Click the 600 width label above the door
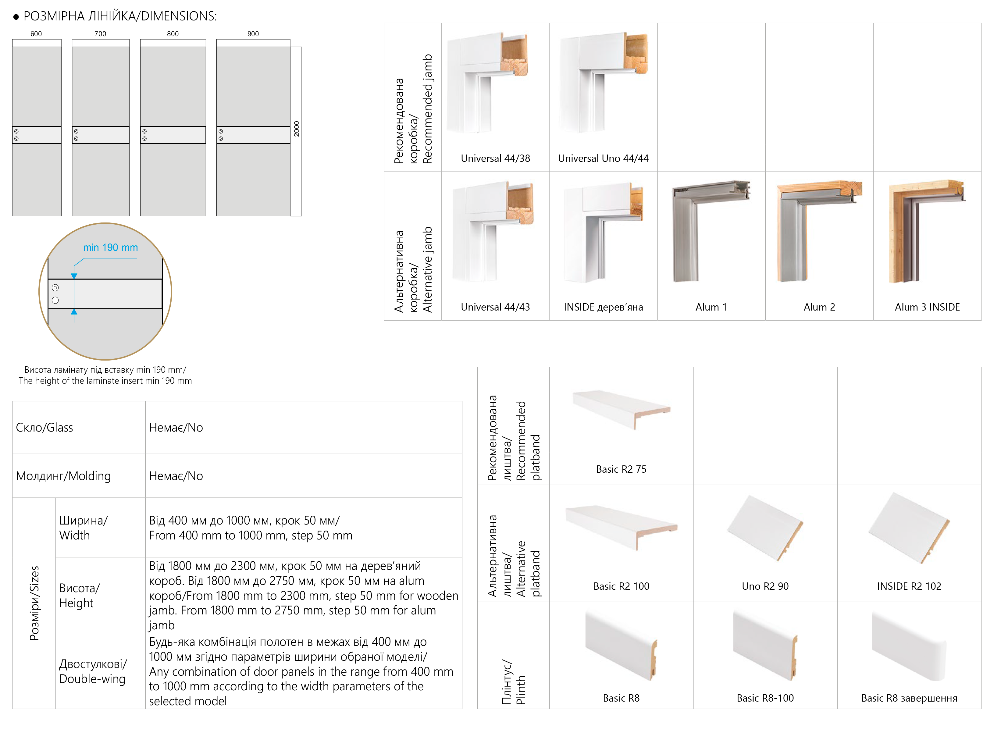[36, 34]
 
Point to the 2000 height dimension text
[297, 129]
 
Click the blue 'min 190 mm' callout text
[110, 247]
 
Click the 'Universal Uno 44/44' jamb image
[603, 84]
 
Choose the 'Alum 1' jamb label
[711, 307]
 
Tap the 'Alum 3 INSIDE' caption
[927, 307]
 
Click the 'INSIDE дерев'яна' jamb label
[603, 307]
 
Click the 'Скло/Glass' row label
[44, 427]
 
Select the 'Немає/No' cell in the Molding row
[176, 476]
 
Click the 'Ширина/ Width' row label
[83, 528]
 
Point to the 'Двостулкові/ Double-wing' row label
[93, 671]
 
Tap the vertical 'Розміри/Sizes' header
[34, 603]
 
